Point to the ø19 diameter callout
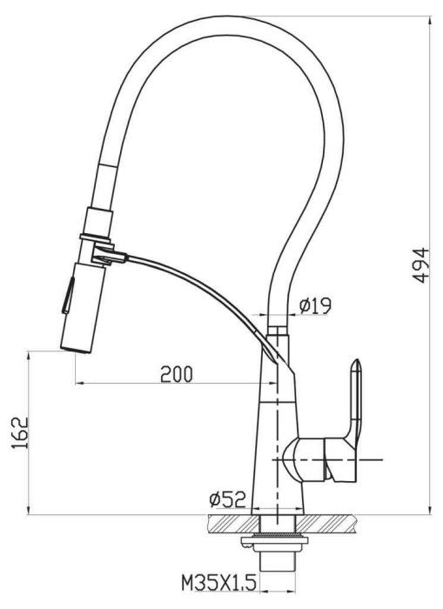pos(314,305)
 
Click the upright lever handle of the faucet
pos(355,400)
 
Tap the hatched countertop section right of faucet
pos(331,523)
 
